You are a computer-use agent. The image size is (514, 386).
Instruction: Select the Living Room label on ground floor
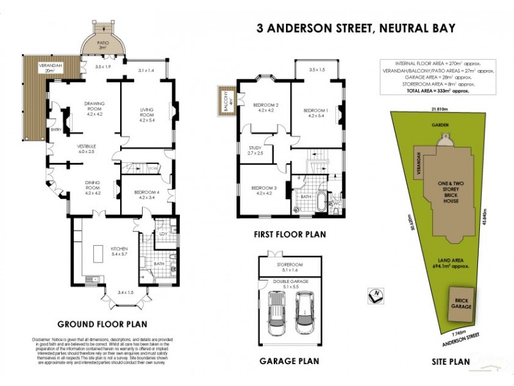[x=148, y=113]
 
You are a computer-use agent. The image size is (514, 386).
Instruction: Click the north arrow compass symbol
[x=375, y=295]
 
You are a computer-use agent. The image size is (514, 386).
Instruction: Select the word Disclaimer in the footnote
[x=43, y=339]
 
